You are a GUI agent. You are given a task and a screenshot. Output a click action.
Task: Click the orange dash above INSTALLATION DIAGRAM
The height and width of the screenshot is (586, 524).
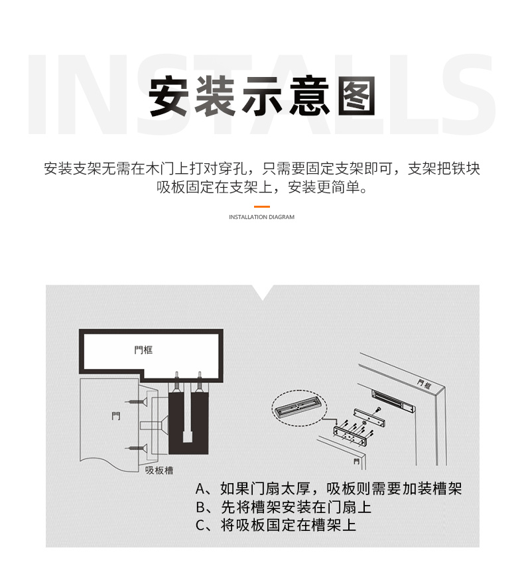click(262, 206)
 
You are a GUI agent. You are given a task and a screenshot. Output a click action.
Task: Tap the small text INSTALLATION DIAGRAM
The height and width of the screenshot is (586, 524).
click(261, 217)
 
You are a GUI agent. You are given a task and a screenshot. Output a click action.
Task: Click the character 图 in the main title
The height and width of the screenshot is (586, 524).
click(357, 96)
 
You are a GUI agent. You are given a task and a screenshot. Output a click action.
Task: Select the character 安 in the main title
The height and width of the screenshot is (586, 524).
click(168, 96)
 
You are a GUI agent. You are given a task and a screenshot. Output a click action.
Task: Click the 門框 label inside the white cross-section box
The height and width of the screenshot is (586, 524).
click(143, 350)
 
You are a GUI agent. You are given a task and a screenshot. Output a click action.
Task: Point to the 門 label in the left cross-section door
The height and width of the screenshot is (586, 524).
click(116, 416)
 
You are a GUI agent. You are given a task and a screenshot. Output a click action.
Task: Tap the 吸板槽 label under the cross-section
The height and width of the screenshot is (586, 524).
click(159, 470)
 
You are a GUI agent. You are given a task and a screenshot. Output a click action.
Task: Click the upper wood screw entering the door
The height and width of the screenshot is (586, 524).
click(137, 402)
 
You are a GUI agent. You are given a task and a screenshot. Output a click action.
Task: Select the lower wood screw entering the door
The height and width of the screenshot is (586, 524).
click(137, 448)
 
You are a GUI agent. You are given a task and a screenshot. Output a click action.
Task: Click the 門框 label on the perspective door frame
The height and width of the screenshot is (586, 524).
click(425, 384)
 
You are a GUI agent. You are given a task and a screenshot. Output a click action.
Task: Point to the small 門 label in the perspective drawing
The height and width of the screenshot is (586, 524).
click(357, 461)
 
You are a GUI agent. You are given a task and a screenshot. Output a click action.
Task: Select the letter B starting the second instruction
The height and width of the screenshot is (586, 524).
click(200, 507)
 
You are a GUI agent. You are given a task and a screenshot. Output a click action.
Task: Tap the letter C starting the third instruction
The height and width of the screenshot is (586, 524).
click(200, 526)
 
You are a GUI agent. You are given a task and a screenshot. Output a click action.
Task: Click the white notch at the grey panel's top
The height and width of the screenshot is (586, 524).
click(263, 291)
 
